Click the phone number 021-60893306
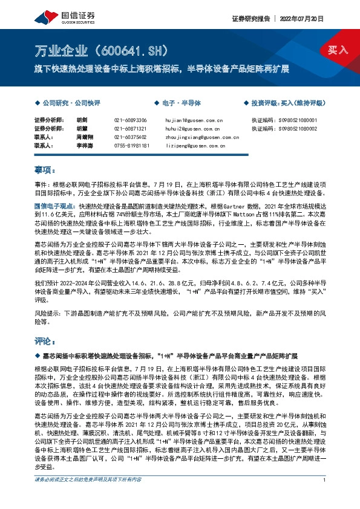[x=130, y=120]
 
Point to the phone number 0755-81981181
[x=131, y=146]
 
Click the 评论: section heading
[x=45, y=340]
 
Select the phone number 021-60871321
[x=130, y=129]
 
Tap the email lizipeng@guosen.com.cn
[x=191, y=146]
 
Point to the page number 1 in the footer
[x=326, y=497]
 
